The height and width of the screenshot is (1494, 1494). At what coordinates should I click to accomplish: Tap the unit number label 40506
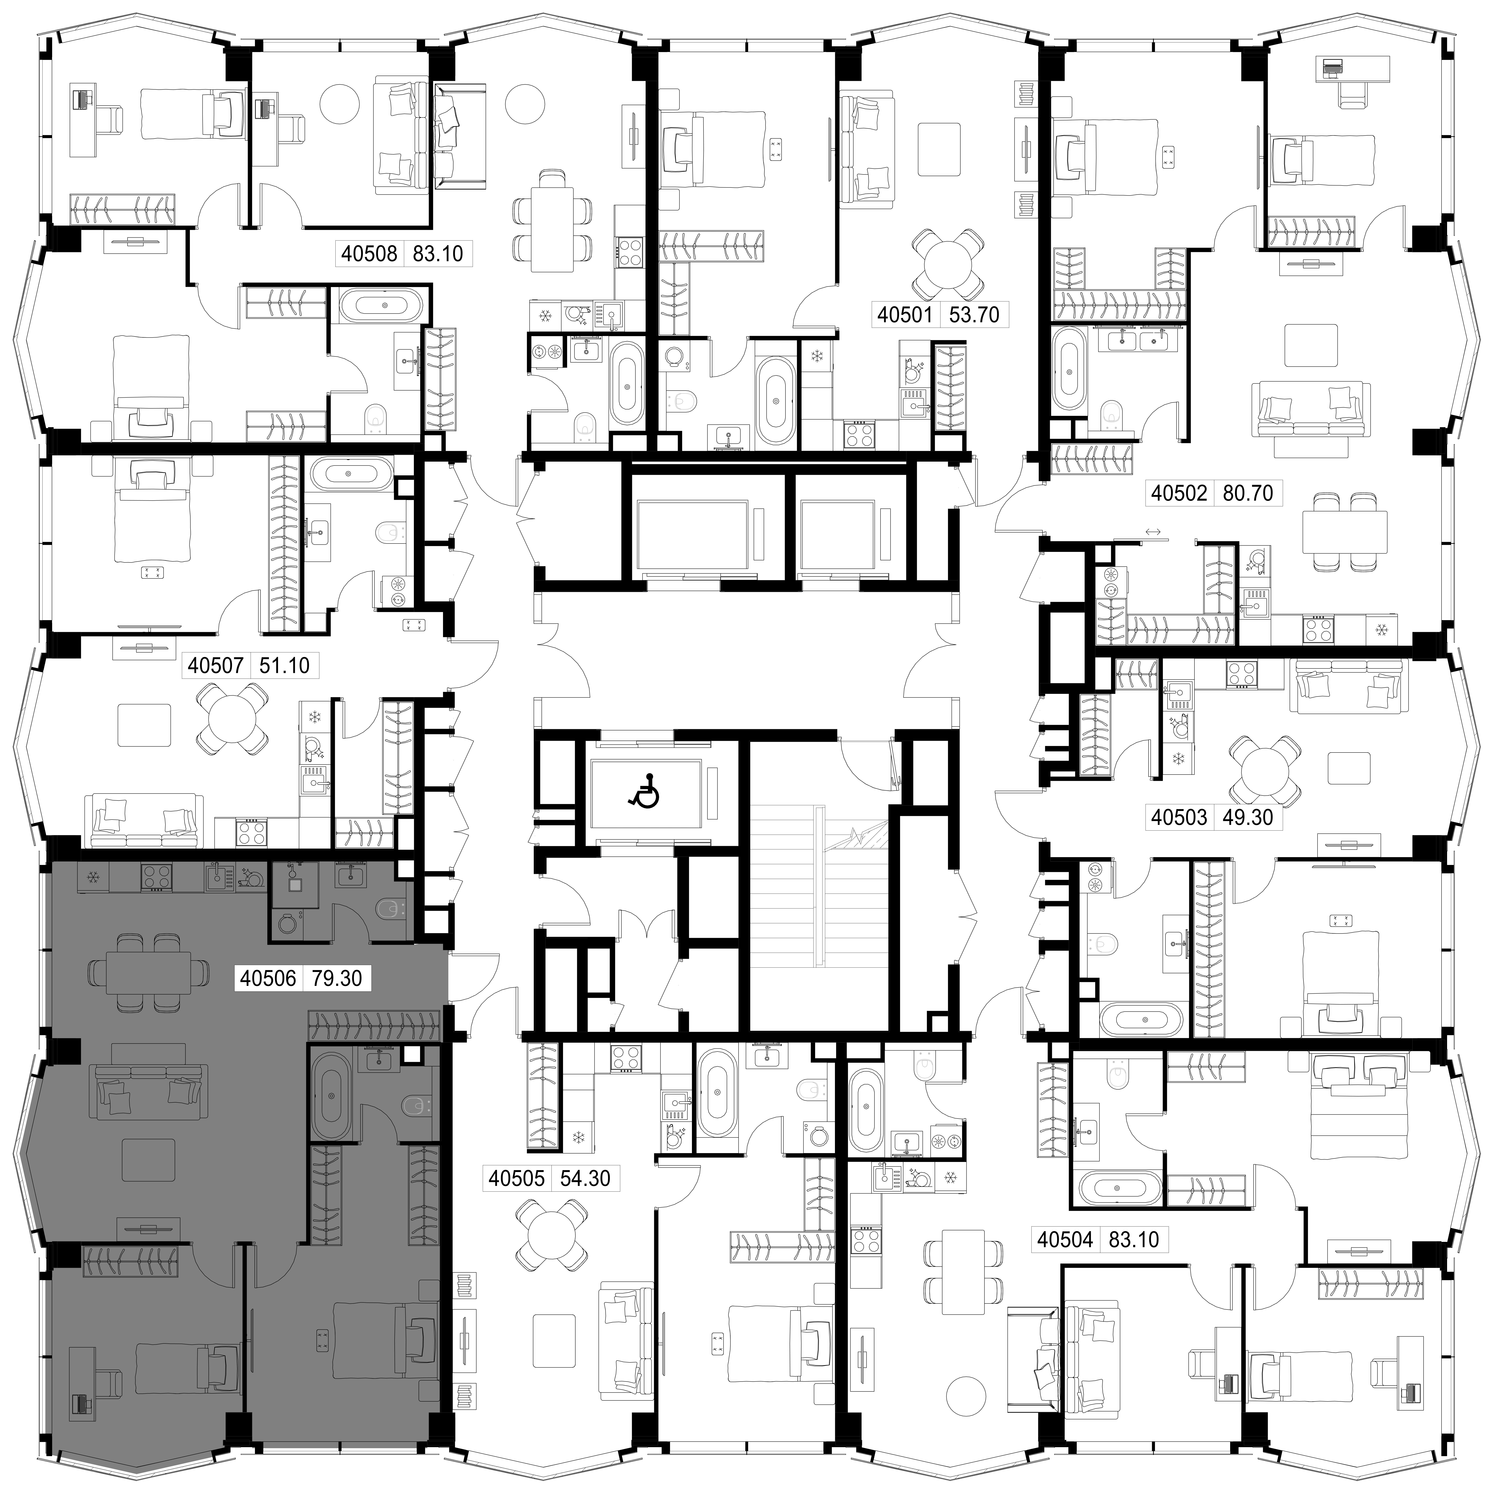[268, 978]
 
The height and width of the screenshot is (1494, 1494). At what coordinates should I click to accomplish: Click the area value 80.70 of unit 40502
[1247, 493]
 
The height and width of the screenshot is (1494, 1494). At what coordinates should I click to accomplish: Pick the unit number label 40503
[1179, 817]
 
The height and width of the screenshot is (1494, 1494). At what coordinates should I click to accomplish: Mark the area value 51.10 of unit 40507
[285, 665]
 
